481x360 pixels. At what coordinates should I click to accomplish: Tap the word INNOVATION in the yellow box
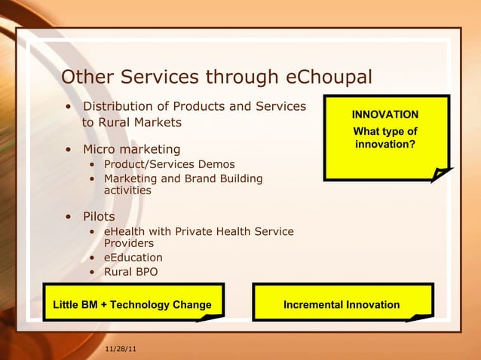click(x=385, y=114)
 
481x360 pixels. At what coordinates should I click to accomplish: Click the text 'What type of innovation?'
click(x=385, y=138)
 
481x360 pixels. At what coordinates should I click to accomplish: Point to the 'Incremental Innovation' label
click(x=342, y=305)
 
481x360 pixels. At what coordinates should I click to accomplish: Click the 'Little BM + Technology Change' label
click(x=132, y=305)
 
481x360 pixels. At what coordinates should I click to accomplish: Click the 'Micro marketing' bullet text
click(x=131, y=149)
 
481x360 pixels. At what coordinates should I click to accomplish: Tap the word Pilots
click(x=99, y=217)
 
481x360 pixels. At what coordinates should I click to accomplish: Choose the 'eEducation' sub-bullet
click(x=133, y=258)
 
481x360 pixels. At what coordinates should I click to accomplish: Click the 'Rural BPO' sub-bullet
click(x=130, y=272)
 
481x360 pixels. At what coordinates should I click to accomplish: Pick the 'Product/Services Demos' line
click(x=169, y=164)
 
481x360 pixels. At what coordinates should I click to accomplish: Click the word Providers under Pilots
click(x=128, y=243)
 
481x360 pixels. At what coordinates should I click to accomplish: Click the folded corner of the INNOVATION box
click(x=440, y=174)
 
